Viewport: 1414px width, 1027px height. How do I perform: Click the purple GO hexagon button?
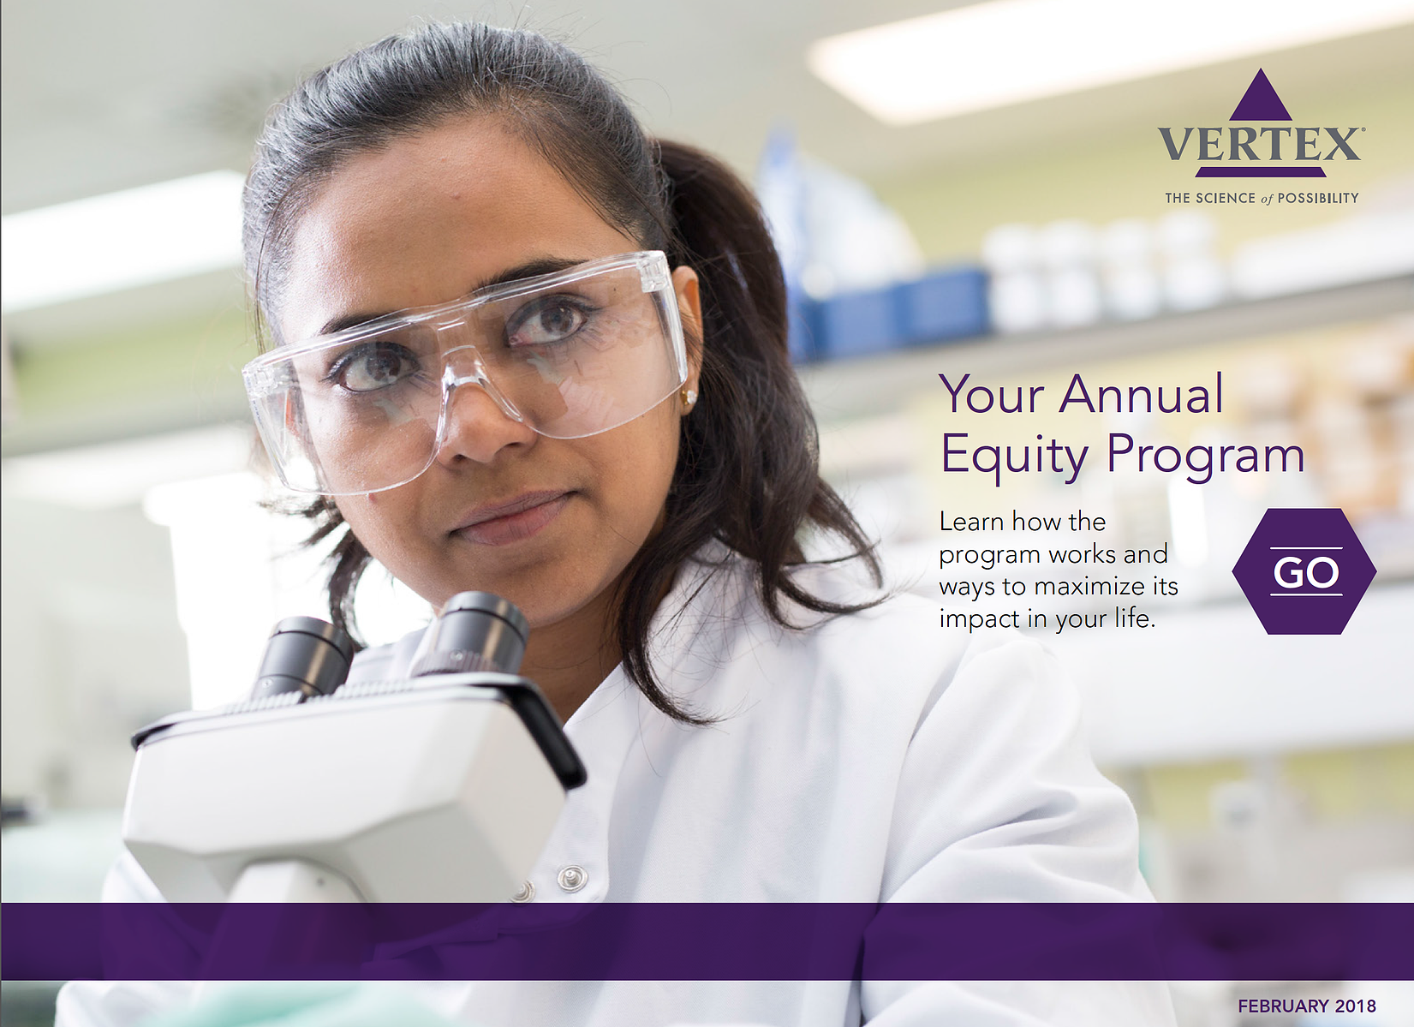[1304, 571]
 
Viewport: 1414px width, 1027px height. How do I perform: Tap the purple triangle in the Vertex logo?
[1261, 95]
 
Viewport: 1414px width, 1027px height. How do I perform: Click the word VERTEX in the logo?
[1260, 144]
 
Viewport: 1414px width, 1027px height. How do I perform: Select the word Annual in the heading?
[1142, 394]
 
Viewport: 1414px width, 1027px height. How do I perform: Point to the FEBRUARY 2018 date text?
[1307, 1006]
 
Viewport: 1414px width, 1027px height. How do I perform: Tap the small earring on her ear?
[689, 397]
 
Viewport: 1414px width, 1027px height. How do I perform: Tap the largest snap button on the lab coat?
[572, 878]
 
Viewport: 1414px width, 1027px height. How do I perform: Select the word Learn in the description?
[971, 522]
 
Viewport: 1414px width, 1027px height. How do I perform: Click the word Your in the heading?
[993, 394]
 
